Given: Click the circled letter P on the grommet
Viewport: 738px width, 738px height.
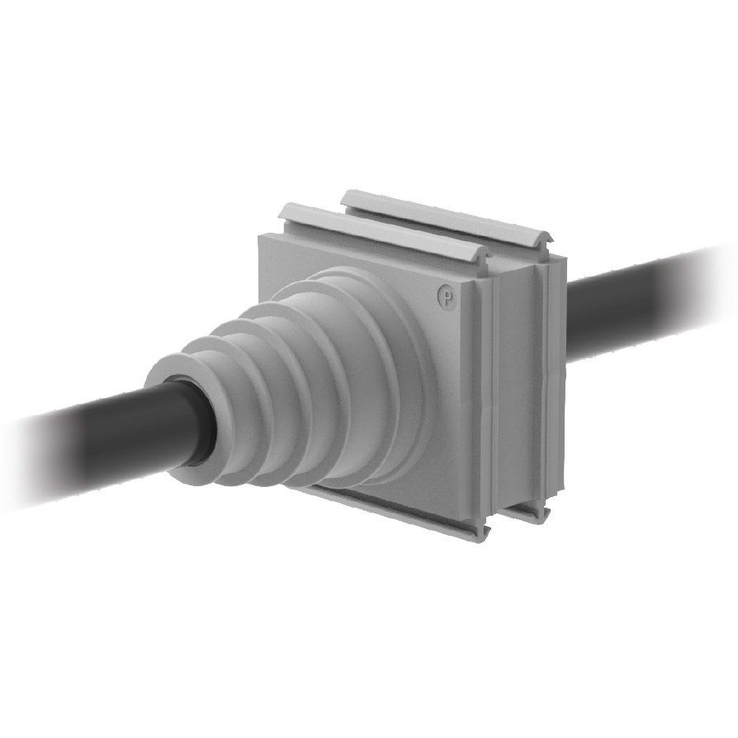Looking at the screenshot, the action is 446,296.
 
